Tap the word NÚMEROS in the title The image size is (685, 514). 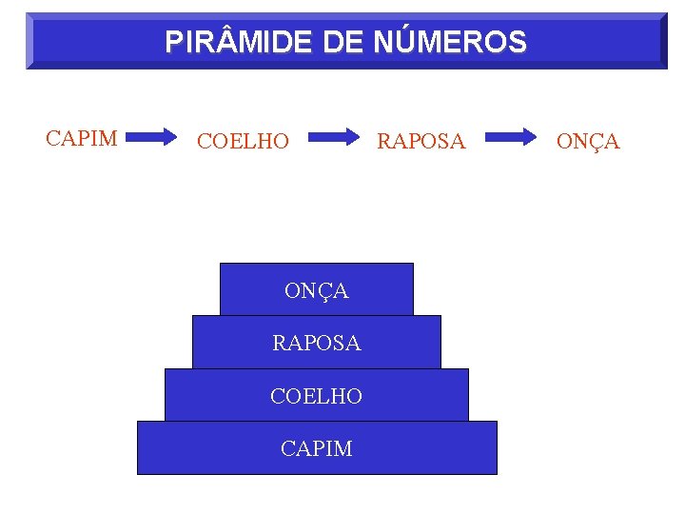pos(452,42)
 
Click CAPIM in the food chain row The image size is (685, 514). pos(82,138)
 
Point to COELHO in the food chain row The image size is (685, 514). pos(243,142)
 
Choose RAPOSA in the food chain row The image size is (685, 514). pos(421,142)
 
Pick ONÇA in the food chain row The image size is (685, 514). pos(588,142)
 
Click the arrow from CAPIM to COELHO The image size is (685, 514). pos(157,137)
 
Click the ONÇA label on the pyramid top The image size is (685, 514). pos(317,291)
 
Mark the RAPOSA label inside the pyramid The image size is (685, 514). pos(317,344)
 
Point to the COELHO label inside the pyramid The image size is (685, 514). pos(317,396)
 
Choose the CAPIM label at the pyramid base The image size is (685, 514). pos(317,448)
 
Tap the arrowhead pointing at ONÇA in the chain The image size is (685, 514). pos(529,137)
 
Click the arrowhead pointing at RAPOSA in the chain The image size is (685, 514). pos(353,137)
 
